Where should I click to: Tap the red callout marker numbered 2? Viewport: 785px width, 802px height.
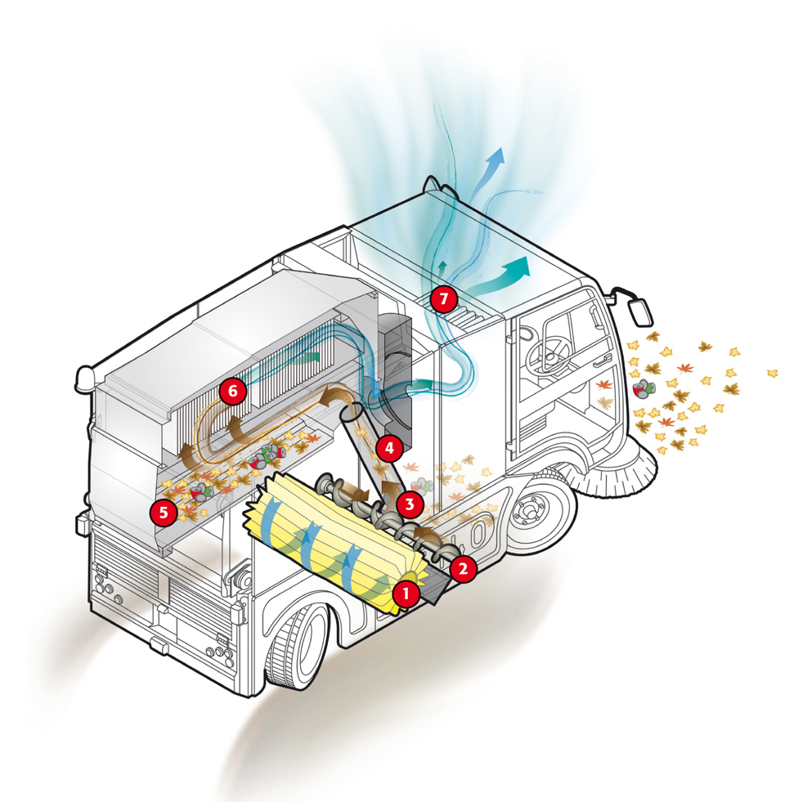tap(463, 568)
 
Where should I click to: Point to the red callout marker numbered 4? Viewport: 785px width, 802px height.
tap(389, 448)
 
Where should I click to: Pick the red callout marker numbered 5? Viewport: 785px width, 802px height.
tap(164, 513)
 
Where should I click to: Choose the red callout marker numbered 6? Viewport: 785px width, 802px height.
tap(233, 392)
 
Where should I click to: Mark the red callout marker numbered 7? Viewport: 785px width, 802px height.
tap(443, 299)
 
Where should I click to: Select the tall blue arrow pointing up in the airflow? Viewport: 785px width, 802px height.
tap(492, 168)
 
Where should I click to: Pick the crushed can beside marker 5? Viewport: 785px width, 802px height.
tap(200, 491)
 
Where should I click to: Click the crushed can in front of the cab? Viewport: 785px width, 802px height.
tap(645, 390)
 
